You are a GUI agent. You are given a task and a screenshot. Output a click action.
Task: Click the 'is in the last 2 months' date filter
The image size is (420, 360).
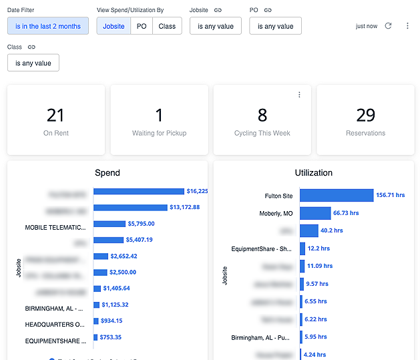pyautogui.click(x=48, y=26)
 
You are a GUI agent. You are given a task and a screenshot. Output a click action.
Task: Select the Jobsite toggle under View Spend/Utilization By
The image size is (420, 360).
pyautogui.click(x=114, y=26)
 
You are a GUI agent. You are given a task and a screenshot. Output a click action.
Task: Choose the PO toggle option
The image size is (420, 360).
pyautogui.click(x=142, y=26)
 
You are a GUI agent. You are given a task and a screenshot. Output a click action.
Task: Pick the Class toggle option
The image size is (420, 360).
pyautogui.click(x=167, y=26)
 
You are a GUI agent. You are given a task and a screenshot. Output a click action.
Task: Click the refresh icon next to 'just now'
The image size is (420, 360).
pyautogui.click(x=389, y=26)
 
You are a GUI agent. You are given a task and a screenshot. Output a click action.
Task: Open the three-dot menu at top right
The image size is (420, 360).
pyautogui.click(x=407, y=26)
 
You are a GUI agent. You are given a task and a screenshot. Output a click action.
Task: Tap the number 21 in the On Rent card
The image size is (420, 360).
pyautogui.click(x=55, y=116)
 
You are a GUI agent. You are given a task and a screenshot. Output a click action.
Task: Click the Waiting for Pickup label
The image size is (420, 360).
pyautogui.click(x=159, y=133)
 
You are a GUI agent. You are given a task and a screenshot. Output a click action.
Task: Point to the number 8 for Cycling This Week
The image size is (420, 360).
pyautogui.click(x=262, y=116)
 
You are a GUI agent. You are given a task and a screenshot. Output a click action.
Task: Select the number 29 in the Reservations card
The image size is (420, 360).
pyautogui.click(x=365, y=116)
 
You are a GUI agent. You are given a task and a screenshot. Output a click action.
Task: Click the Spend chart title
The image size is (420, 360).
pyautogui.click(x=108, y=172)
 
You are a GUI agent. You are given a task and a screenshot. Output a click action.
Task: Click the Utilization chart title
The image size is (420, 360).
pyautogui.click(x=313, y=172)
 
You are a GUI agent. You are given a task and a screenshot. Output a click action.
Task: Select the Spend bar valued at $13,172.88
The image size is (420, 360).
pyautogui.click(x=130, y=208)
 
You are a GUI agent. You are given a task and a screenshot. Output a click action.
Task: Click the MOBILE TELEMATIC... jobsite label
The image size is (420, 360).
pyautogui.click(x=56, y=227)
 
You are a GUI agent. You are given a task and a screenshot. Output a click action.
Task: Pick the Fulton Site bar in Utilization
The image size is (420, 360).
pyautogui.click(x=336, y=195)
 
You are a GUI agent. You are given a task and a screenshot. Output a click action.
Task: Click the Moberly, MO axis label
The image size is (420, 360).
pyautogui.click(x=276, y=214)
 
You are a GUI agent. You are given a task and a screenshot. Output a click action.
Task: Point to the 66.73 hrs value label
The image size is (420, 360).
pyautogui.click(x=346, y=213)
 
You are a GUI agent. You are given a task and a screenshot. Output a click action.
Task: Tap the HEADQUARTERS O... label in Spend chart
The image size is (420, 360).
pyautogui.click(x=56, y=324)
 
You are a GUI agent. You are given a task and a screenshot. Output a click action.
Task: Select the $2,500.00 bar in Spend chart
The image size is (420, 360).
pyautogui.click(x=101, y=272)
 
